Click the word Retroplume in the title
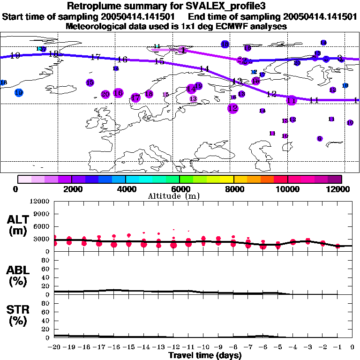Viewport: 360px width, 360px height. point(91,6)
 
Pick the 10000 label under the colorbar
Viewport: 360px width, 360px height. point(287,189)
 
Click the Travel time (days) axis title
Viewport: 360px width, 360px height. point(205,356)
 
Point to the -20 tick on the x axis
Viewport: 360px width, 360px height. point(54,347)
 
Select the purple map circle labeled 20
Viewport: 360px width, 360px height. point(105,94)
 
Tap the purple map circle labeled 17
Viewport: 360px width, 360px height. point(135,97)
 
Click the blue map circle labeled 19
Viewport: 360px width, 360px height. point(19,92)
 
